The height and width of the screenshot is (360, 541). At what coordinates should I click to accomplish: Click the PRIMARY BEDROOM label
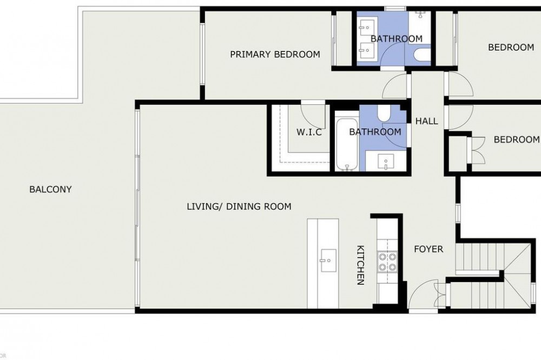pyautogui.click(x=275, y=54)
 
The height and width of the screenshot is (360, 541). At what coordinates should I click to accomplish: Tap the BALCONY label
pyautogui.click(x=50, y=189)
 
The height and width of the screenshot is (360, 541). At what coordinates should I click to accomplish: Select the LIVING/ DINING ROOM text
pyautogui.click(x=239, y=206)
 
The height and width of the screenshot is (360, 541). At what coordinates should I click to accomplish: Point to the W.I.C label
pyautogui.click(x=309, y=132)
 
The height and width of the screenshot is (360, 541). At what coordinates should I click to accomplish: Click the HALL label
pyautogui.click(x=427, y=121)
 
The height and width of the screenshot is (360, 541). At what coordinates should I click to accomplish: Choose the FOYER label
pyautogui.click(x=428, y=249)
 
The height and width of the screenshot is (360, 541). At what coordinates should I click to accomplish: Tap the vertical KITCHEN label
pyautogui.click(x=360, y=265)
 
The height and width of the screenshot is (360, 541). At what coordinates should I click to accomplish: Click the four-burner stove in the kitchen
pyautogui.click(x=387, y=262)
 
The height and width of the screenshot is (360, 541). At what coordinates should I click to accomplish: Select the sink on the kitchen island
pyautogui.click(x=328, y=261)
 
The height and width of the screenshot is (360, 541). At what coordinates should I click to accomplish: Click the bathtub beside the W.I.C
pyautogui.click(x=347, y=145)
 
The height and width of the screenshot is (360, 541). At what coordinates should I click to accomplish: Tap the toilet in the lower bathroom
pyautogui.click(x=384, y=113)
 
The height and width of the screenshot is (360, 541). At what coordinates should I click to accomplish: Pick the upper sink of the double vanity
pyautogui.click(x=366, y=27)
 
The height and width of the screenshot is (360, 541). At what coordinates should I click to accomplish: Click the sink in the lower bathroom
pyautogui.click(x=386, y=162)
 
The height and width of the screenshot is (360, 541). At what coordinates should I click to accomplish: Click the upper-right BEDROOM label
pyautogui.click(x=511, y=47)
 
